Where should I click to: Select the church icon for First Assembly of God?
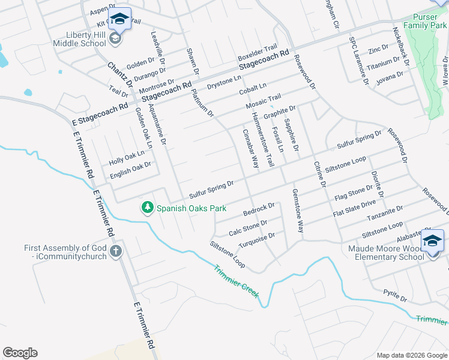pyautogui.click(x=116, y=252)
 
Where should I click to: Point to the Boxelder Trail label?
pyautogui.click(x=258, y=50)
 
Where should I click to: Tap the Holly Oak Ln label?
pyautogui.click(x=127, y=158)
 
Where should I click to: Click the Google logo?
pyautogui.click(x=20, y=353)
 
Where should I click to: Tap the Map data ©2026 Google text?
pyautogui.click(x=411, y=355)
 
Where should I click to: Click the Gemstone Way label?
pyautogui.click(x=297, y=211)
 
